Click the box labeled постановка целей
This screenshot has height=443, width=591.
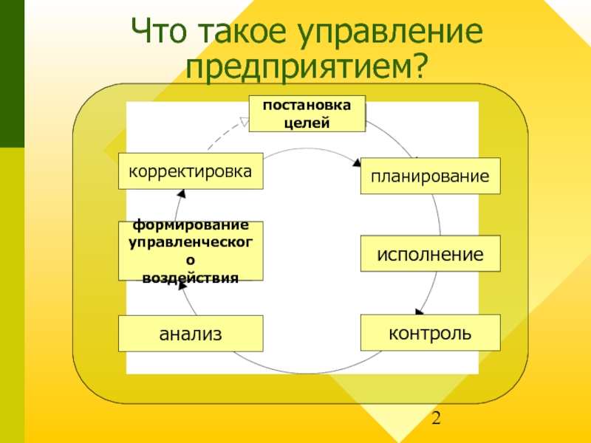(307, 114)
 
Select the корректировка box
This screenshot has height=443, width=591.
(191, 171)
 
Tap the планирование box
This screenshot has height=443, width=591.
(430, 176)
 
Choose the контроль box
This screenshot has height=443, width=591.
(430, 332)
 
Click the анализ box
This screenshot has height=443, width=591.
(191, 333)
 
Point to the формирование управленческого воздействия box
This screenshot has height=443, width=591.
(191, 251)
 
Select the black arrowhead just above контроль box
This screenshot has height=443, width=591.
(419, 312)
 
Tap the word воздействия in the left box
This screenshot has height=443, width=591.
(191, 278)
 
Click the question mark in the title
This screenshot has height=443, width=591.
(419, 68)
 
